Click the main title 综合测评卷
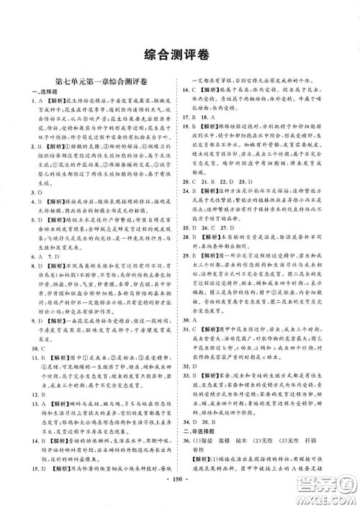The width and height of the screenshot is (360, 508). (x=179, y=54)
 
